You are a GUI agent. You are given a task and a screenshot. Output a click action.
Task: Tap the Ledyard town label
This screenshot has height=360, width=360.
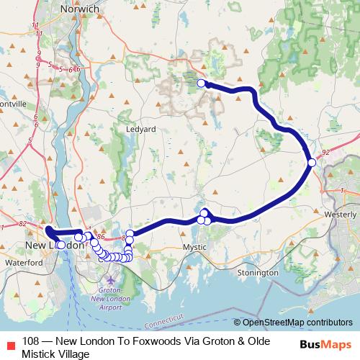(141, 129)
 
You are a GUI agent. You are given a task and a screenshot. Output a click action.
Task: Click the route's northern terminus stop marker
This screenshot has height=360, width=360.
(202, 84)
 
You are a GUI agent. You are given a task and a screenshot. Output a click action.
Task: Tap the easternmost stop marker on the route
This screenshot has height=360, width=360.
(312, 163)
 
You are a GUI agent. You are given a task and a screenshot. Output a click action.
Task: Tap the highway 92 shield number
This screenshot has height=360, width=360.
(326, 153)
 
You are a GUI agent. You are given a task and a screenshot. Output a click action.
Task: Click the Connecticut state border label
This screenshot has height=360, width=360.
(163, 317)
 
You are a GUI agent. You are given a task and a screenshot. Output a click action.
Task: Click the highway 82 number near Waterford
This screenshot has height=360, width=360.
(23, 224)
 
